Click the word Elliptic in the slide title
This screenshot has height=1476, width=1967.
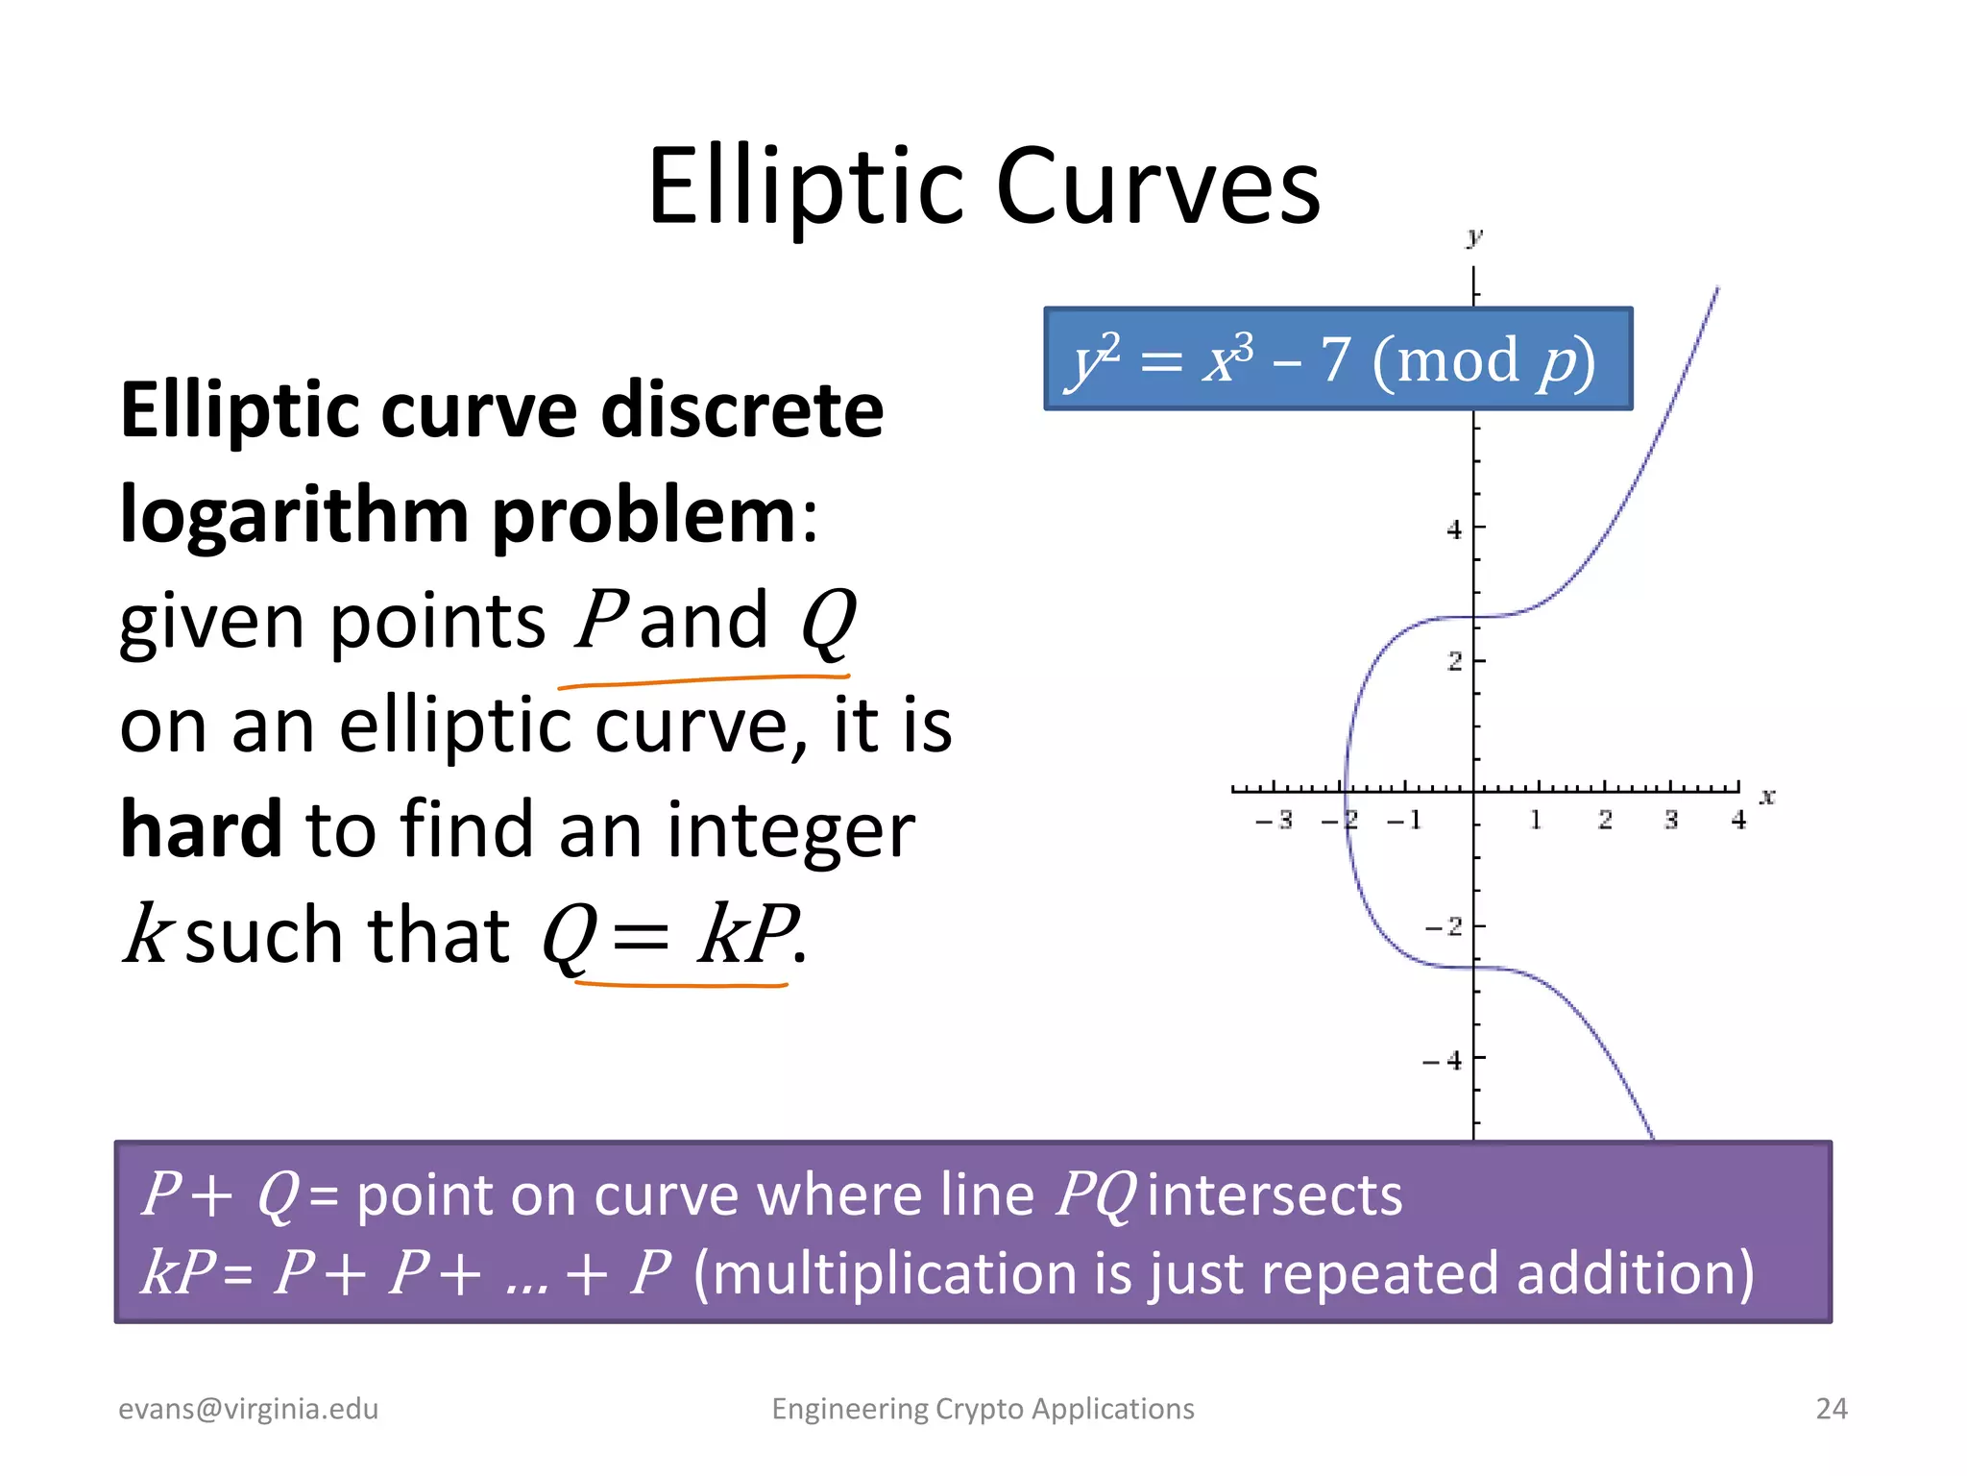pos(805,187)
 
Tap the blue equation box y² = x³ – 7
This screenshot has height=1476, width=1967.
pos(1337,359)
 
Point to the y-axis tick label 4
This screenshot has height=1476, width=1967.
pos(1454,529)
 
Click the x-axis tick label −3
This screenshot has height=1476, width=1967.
pos(1275,821)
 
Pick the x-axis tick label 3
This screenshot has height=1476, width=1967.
pos(1671,821)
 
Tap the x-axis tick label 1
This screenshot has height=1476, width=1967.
pos(1535,821)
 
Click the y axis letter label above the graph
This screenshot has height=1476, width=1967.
pos(1474,236)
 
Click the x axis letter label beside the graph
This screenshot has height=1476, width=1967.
pos(1767,797)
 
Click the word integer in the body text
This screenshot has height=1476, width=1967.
pos(789,829)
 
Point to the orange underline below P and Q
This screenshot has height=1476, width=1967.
pos(703,680)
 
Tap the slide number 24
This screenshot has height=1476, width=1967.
pos(1831,1409)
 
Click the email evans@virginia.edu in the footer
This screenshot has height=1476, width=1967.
pos(248,1409)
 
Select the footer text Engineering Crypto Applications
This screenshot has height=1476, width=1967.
pos(983,1409)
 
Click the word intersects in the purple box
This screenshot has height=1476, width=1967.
pos(1275,1195)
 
